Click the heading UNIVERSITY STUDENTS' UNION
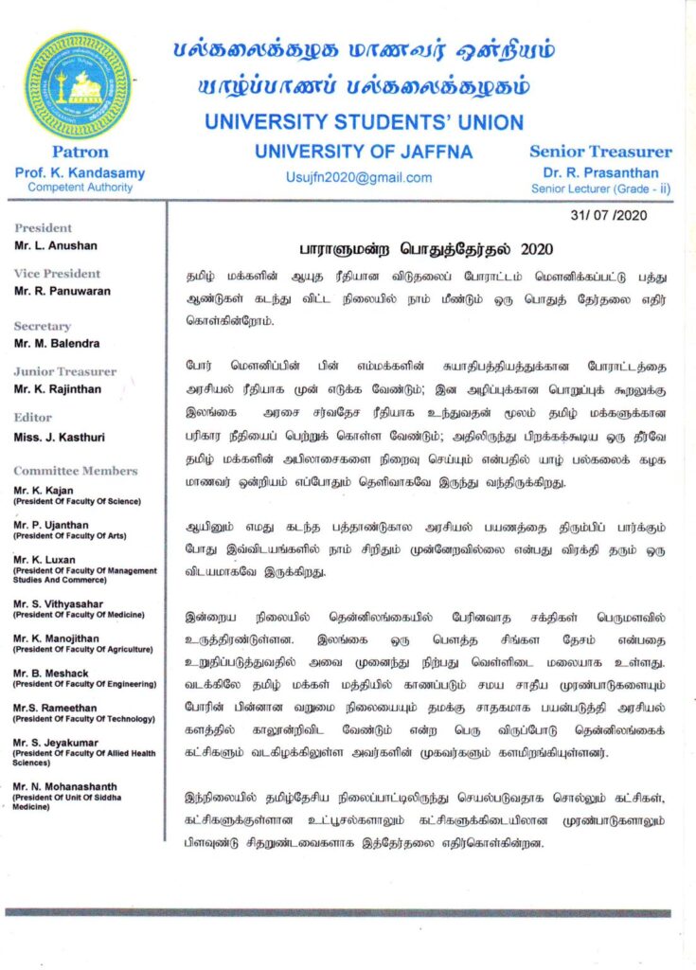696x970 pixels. pyautogui.click(x=364, y=122)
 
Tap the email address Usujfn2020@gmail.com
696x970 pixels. pyautogui.click(x=358, y=177)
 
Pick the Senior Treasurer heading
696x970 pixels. pyautogui.click(x=600, y=152)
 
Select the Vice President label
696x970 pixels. pyautogui.click(x=58, y=274)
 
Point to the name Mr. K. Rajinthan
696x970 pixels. pyautogui.click(x=57, y=388)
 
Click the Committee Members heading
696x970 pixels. pyautogui.click(x=76, y=471)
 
